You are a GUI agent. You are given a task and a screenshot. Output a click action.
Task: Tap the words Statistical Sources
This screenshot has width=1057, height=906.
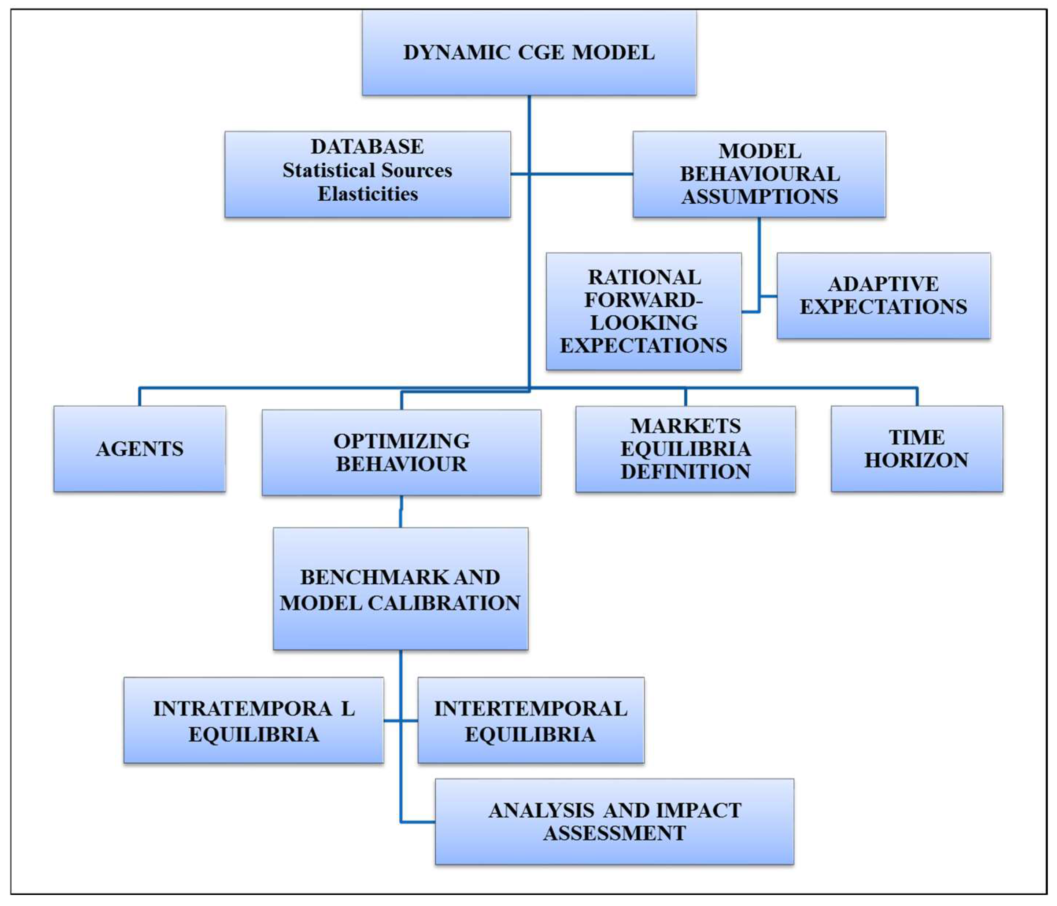point(367,170)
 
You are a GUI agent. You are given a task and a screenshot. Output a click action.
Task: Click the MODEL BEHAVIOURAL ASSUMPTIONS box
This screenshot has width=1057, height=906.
point(759,174)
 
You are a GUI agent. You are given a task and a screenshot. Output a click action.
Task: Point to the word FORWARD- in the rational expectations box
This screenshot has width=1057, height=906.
point(643,300)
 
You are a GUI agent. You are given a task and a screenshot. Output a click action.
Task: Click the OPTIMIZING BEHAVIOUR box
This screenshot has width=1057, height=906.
point(402,452)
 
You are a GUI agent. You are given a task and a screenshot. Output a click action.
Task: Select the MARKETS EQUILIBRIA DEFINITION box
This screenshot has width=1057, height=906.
point(685,449)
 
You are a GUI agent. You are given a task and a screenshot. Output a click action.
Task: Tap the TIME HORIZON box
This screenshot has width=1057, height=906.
point(917,449)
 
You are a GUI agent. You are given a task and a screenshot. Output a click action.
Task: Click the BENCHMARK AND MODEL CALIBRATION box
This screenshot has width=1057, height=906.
point(400,589)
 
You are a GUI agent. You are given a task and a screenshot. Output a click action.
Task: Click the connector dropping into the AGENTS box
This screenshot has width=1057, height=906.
point(139,397)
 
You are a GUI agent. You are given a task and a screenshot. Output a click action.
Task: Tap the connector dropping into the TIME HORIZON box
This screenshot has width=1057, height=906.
point(917,397)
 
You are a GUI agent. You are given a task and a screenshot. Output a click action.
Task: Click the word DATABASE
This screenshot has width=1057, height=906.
point(367,147)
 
